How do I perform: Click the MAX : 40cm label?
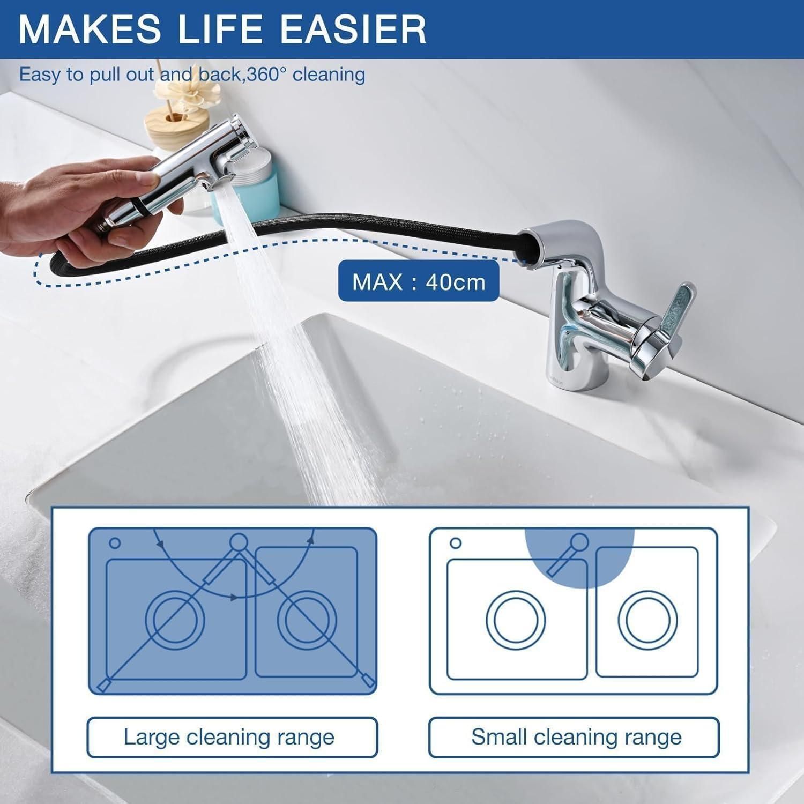[x=419, y=281]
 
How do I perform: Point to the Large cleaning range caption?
[x=229, y=737]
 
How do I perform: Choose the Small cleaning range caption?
[x=576, y=737]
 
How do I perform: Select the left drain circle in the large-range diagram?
[x=175, y=620]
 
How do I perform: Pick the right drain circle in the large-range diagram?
[x=307, y=620]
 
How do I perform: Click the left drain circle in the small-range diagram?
[x=516, y=620]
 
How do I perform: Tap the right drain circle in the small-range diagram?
[x=647, y=620]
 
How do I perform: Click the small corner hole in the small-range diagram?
[x=456, y=543]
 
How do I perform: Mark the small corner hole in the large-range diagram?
[x=115, y=543]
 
